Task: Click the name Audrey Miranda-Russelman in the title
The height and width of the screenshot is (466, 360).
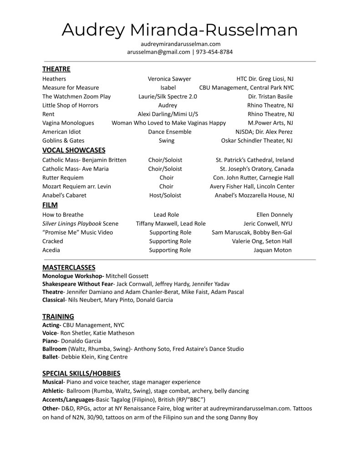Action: [x=179, y=30]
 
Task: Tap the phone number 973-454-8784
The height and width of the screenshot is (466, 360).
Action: [x=214, y=52]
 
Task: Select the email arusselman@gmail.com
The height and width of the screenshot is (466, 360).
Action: [x=158, y=52]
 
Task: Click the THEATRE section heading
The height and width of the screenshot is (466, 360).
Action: [x=56, y=69]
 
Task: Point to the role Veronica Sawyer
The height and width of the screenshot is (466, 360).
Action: [x=169, y=79]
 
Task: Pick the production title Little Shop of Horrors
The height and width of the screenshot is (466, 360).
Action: [x=70, y=105]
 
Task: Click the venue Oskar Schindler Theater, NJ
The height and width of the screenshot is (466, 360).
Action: [x=257, y=140]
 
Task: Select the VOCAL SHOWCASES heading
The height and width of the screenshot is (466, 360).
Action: [x=74, y=150]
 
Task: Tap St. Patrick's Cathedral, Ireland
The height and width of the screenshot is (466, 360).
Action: [x=254, y=160]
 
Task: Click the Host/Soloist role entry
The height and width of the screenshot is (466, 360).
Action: [x=165, y=195]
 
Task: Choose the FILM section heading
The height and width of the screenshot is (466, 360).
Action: [x=50, y=205]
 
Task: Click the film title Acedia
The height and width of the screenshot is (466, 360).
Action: [x=51, y=250]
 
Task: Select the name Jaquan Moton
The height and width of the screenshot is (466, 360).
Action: [x=273, y=250]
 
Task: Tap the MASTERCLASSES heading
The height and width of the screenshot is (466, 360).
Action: [x=69, y=267]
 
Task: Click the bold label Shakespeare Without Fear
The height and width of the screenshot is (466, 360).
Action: [x=78, y=284]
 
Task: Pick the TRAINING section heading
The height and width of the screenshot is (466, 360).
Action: [x=58, y=316]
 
